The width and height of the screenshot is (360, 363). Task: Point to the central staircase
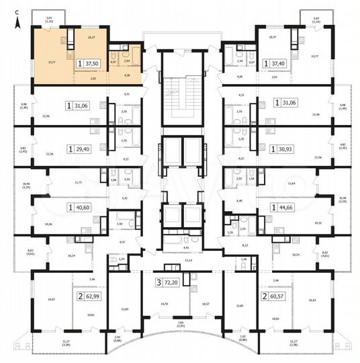coord(180,95)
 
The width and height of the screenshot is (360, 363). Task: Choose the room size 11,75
coord(77,182)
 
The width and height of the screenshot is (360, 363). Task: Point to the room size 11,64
coord(290,182)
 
